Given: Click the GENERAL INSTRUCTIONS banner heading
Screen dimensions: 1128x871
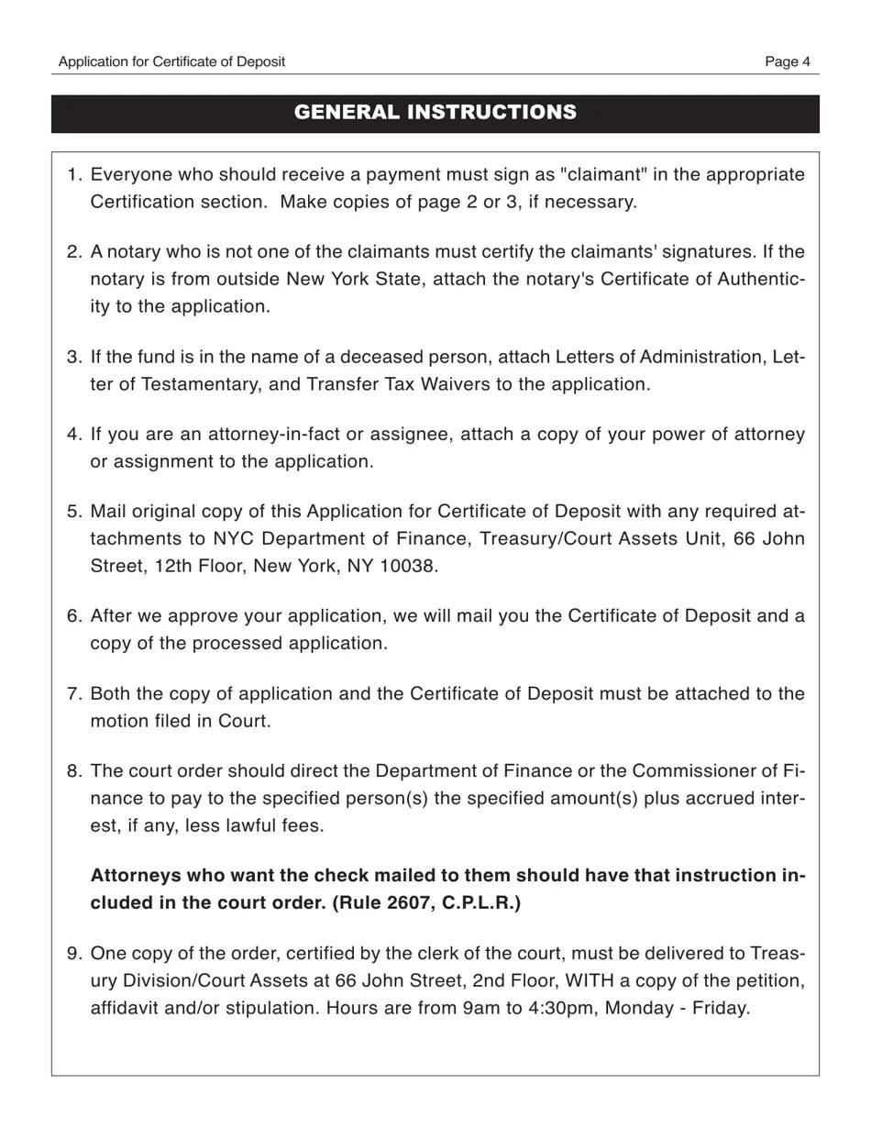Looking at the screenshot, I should point(435,112).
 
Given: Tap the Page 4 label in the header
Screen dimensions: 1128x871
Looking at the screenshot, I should point(788,61).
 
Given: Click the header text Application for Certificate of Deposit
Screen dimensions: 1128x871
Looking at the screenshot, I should point(171,61).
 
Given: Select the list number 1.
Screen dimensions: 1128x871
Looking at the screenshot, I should point(75,174).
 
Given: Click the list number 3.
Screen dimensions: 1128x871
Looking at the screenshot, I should point(75,357).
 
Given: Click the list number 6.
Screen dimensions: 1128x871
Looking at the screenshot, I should point(75,615).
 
